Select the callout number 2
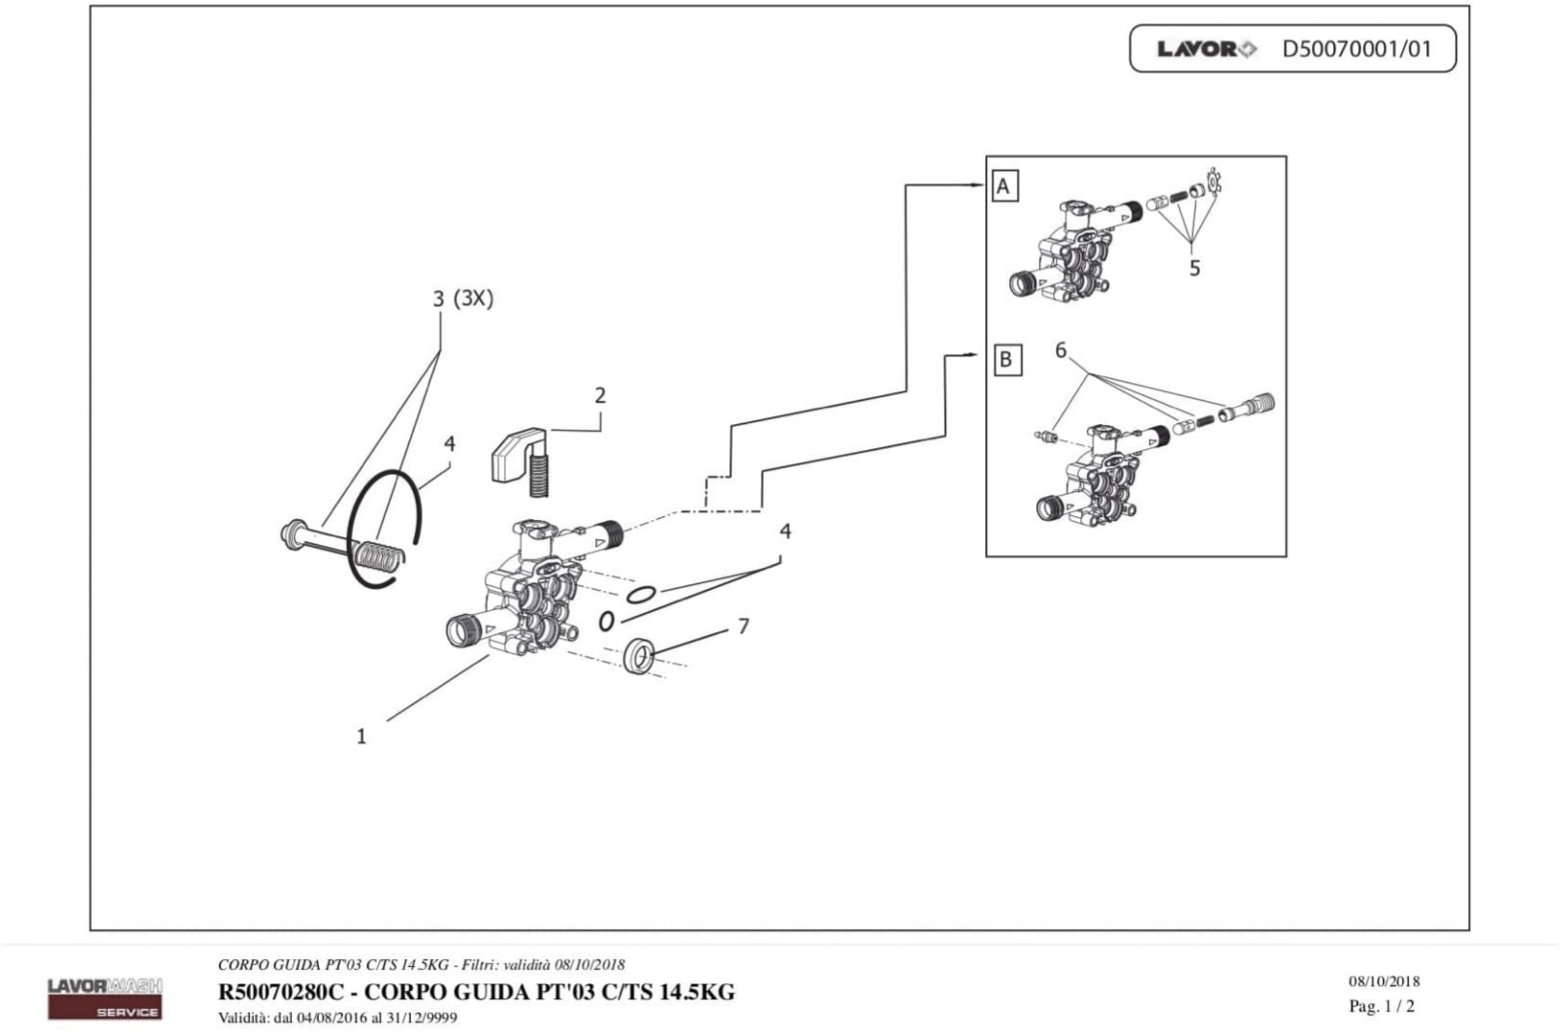600,396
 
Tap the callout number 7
743,626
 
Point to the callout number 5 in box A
1194,268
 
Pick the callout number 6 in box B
1061,350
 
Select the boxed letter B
1007,360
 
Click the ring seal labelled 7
638,655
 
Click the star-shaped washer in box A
1214,182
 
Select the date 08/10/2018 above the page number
1384,981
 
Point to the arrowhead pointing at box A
978,185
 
